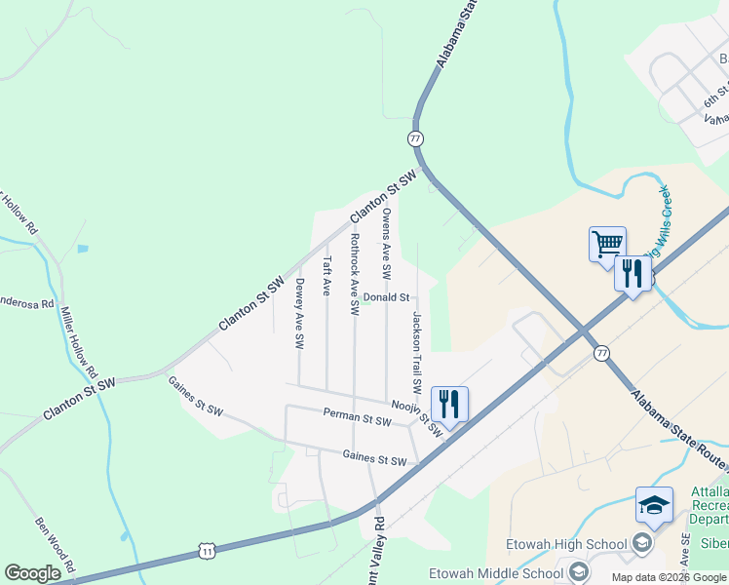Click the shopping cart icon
click(x=607, y=243)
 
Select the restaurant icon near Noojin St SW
click(x=449, y=402)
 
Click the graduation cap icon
click(x=654, y=505)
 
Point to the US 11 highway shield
click(x=207, y=552)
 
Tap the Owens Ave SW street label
click(x=387, y=240)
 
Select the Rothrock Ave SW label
click(x=355, y=274)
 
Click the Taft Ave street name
click(x=327, y=276)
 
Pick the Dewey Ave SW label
click(x=300, y=314)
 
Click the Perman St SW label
click(x=357, y=417)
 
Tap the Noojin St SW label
click(x=417, y=417)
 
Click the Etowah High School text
click(x=566, y=544)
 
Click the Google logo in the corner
click(x=32, y=572)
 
